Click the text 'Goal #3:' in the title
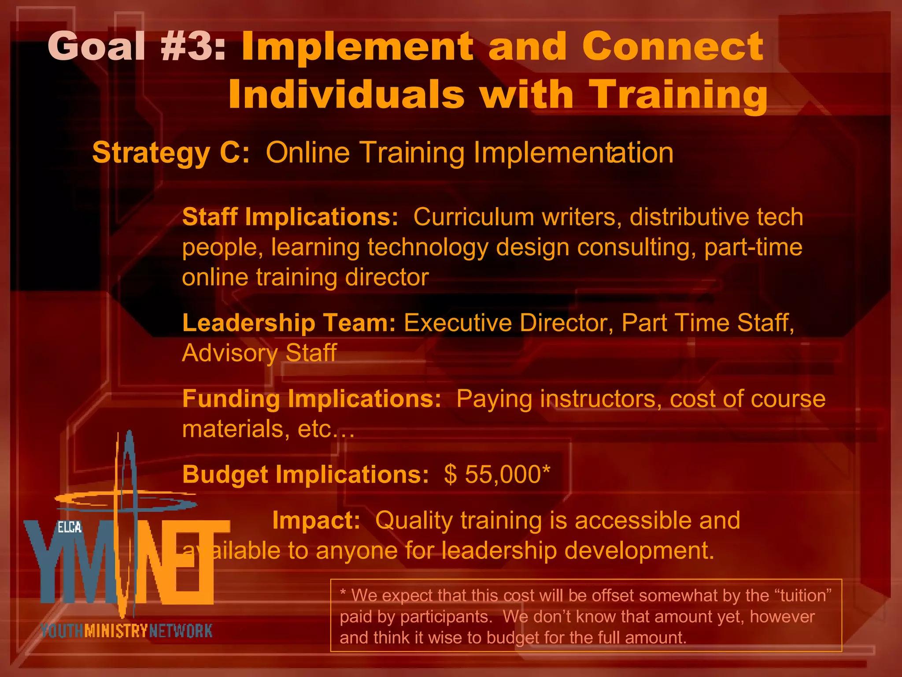click(x=137, y=46)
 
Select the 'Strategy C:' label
click(x=171, y=153)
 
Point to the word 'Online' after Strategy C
click(x=308, y=153)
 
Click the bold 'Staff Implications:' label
click(x=290, y=217)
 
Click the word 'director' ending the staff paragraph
click(x=387, y=277)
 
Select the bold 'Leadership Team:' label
click(x=289, y=323)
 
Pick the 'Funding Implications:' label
click(x=311, y=399)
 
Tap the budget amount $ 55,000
click(x=497, y=475)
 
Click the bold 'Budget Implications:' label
click(x=305, y=475)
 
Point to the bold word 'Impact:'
click(x=316, y=521)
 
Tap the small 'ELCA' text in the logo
click(x=70, y=528)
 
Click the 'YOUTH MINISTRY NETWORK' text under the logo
click(x=126, y=631)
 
